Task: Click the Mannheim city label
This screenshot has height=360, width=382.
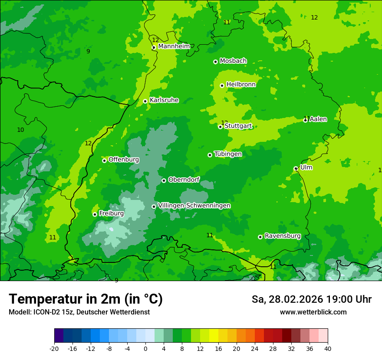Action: (x=174, y=46)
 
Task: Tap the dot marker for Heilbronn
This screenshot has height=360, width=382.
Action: (x=222, y=85)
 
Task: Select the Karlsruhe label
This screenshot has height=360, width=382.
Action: (x=164, y=100)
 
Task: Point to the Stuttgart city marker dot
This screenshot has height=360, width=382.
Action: (x=220, y=127)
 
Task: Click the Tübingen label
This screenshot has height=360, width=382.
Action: (x=228, y=154)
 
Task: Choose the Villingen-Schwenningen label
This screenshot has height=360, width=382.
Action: (x=194, y=206)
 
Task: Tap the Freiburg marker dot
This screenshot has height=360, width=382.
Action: (x=95, y=214)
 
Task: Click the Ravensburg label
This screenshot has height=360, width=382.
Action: (x=283, y=236)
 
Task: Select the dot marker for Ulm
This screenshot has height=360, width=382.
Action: (x=296, y=169)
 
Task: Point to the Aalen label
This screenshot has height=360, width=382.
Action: (x=318, y=119)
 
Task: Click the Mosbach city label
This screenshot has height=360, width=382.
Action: (x=233, y=61)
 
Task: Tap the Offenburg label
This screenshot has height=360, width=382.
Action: (x=124, y=160)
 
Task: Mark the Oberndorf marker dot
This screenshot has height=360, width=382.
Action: (x=164, y=180)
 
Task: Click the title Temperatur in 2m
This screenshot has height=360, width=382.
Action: (x=86, y=299)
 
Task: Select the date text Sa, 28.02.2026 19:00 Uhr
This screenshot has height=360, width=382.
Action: (x=311, y=299)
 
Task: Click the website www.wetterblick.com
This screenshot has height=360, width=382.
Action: (x=313, y=312)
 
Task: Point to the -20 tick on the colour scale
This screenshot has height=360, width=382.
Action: (x=54, y=348)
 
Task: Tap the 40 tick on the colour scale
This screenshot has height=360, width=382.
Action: (x=327, y=348)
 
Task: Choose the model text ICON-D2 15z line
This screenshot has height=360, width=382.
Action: (x=79, y=312)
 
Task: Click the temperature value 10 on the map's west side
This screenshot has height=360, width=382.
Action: (x=20, y=130)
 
